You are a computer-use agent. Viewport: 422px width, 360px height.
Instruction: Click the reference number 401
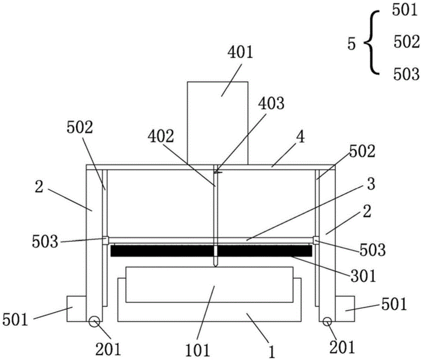point(241,52)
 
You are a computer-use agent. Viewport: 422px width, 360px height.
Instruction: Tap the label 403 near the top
point(271,103)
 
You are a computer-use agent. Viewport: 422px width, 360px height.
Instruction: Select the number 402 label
point(161,136)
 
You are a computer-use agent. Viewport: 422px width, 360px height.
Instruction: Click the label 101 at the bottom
point(197,350)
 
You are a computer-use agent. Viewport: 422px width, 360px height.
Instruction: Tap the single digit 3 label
point(371,184)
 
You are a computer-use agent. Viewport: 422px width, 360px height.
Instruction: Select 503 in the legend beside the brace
point(406,74)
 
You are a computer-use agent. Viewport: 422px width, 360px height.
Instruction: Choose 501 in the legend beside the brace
point(405,11)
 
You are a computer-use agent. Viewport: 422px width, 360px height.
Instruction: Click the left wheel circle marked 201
point(95,322)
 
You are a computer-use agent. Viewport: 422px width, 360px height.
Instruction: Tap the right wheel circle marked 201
point(327,321)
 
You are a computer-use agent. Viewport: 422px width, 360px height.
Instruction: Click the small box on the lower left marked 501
point(76,309)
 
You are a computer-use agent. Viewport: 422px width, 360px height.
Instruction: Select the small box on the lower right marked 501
point(345,309)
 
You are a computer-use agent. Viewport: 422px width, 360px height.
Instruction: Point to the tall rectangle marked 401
point(217,123)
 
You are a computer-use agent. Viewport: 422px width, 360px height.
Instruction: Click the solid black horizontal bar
point(211,251)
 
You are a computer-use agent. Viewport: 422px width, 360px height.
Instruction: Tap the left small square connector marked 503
point(105,241)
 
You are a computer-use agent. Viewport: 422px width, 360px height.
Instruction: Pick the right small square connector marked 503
point(316,241)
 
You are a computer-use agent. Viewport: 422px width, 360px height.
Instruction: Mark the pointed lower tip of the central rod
point(215,267)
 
